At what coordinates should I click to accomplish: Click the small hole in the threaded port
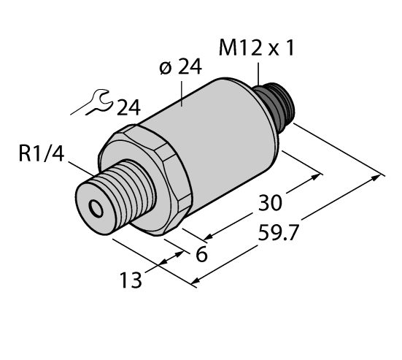click(95, 210)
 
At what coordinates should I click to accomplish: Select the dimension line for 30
click(263, 205)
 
